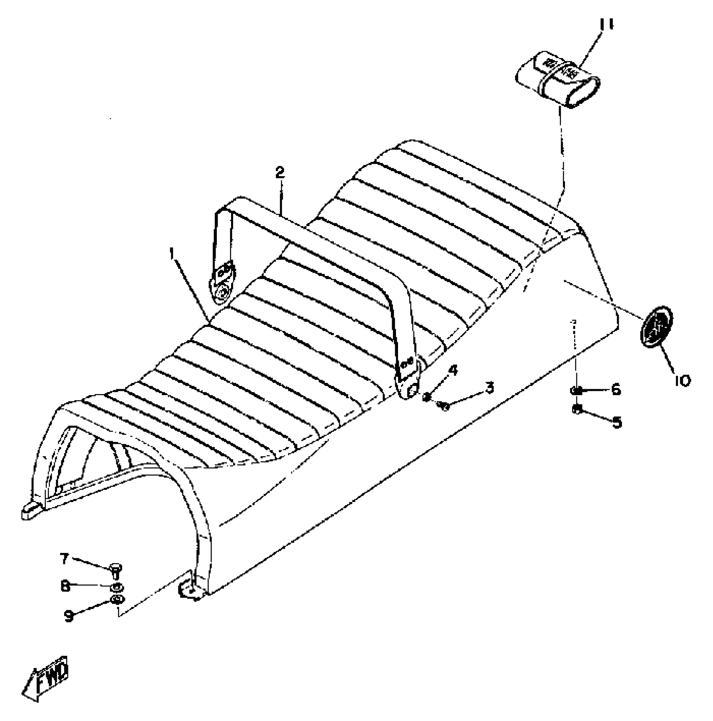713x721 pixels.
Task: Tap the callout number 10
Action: coord(682,380)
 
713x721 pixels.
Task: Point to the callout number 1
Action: coord(172,253)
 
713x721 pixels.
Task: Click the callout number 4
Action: coord(453,370)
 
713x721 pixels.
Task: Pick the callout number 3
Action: coord(489,387)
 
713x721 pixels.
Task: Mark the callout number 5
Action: coord(616,422)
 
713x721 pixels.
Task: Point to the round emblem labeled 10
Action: coord(657,328)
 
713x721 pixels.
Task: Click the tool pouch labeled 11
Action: coord(557,79)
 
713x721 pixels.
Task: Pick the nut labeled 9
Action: coord(117,599)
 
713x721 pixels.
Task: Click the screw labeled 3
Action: coord(443,405)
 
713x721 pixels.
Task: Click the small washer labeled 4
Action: coord(428,396)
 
